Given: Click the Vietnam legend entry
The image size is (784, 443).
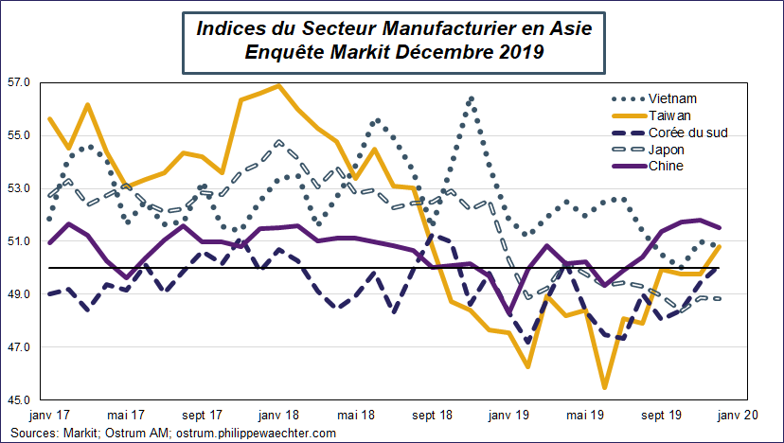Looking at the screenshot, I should [x=672, y=97].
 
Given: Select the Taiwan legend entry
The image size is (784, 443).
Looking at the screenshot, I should [x=670, y=115].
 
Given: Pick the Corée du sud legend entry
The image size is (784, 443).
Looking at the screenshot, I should [x=688, y=132].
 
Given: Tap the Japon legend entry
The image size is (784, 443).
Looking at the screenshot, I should [x=668, y=149].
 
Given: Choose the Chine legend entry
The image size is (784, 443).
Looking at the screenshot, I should [x=667, y=166].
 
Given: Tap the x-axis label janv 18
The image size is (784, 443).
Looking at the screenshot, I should [x=279, y=415].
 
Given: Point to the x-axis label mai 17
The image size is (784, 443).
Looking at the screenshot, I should [x=125, y=415].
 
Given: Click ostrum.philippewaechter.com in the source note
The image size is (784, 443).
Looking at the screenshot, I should [x=257, y=433].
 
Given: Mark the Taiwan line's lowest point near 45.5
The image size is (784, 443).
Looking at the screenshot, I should [x=604, y=387].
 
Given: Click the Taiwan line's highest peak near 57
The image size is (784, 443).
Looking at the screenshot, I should [x=278, y=86].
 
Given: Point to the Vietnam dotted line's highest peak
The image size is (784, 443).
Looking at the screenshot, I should [x=471, y=97].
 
